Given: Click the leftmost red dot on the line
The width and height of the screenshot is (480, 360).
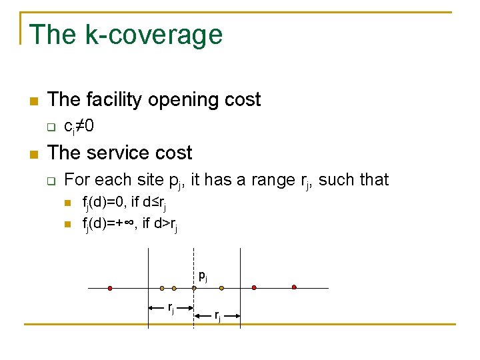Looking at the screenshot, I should tap(110, 289).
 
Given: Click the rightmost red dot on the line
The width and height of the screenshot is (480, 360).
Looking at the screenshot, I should tap(294, 287).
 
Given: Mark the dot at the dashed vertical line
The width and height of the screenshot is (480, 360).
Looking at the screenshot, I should tap(194, 288).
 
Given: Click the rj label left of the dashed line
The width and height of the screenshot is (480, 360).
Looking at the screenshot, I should tap(171, 307).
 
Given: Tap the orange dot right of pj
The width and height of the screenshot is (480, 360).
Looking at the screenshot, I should tap(222, 289).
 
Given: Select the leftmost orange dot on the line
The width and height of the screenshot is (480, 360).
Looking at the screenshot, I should tap(162, 289).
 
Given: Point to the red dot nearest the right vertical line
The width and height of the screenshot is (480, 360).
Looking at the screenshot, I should tap(254, 288).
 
